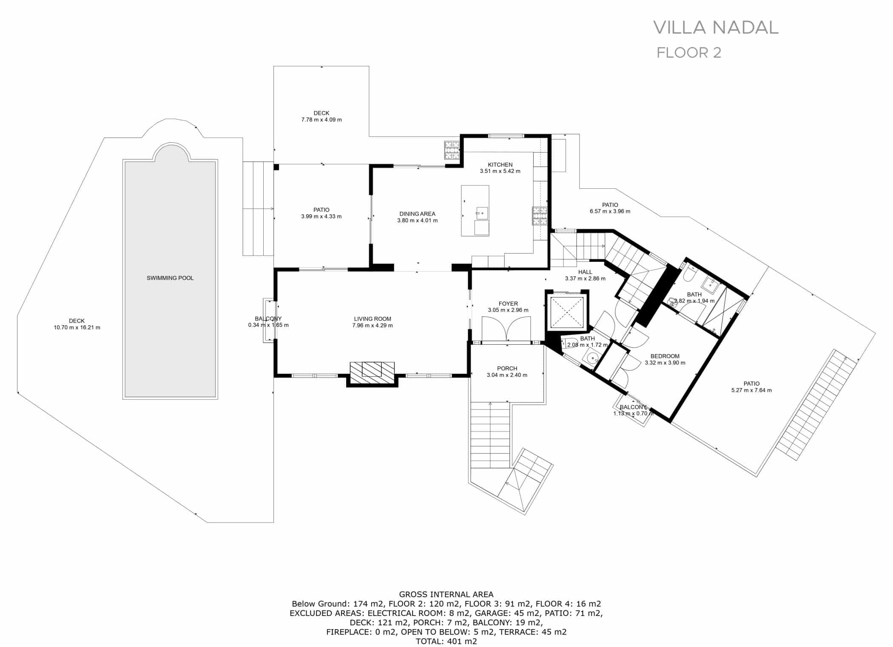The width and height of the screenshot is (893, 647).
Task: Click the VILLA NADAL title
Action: tap(716, 27)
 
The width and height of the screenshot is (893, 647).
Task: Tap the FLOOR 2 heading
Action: tap(689, 53)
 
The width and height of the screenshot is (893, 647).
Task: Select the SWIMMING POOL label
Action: tap(170, 278)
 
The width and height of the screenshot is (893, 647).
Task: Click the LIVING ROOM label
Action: tap(373, 319)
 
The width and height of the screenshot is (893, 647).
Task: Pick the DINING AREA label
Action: tap(417, 214)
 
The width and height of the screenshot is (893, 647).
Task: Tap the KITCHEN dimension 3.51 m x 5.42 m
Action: tap(500, 171)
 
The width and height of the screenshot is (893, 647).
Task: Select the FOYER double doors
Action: tap(506, 330)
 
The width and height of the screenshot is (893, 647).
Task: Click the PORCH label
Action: tap(507, 369)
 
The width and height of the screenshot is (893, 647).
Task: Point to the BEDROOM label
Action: tap(665, 356)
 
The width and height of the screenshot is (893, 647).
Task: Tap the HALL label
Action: tap(585, 272)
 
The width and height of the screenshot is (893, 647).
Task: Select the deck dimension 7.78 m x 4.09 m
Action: tap(321, 120)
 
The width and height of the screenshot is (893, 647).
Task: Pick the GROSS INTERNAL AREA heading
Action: tap(446, 594)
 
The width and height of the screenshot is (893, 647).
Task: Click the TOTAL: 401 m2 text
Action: tap(446, 641)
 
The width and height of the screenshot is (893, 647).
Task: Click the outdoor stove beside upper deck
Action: tap(452, 150)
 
